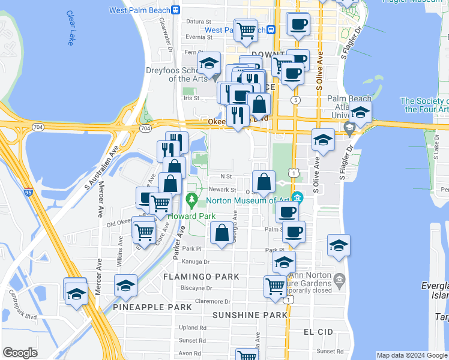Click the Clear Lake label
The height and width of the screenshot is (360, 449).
click(x=72, y=28)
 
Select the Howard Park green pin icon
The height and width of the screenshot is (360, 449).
click(x=192, y=199)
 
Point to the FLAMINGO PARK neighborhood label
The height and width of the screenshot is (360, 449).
click(x=202, y=277)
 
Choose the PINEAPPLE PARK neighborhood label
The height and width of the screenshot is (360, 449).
click(x=152, y=307)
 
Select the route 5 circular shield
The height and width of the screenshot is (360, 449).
click(x=294, y=100)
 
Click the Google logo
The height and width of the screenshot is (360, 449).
click(x=20, y=353)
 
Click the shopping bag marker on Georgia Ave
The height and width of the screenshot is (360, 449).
click(x=221, y=233)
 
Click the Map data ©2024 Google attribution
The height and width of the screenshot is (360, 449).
click(x=411, y=355)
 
